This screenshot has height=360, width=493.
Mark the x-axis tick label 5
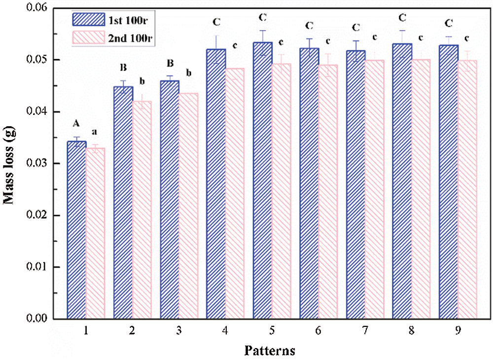272,331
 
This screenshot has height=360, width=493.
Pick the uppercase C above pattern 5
262,18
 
